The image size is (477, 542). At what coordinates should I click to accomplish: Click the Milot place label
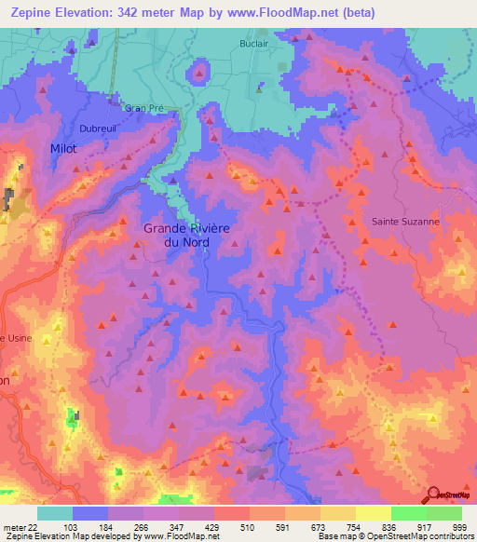(63, 149)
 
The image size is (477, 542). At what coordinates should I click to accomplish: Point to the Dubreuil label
(99, 129)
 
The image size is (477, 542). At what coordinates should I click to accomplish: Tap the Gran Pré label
(143, 108)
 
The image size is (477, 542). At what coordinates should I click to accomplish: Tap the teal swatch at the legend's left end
(55, 512)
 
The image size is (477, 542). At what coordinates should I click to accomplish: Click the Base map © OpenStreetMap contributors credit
(394, 536)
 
